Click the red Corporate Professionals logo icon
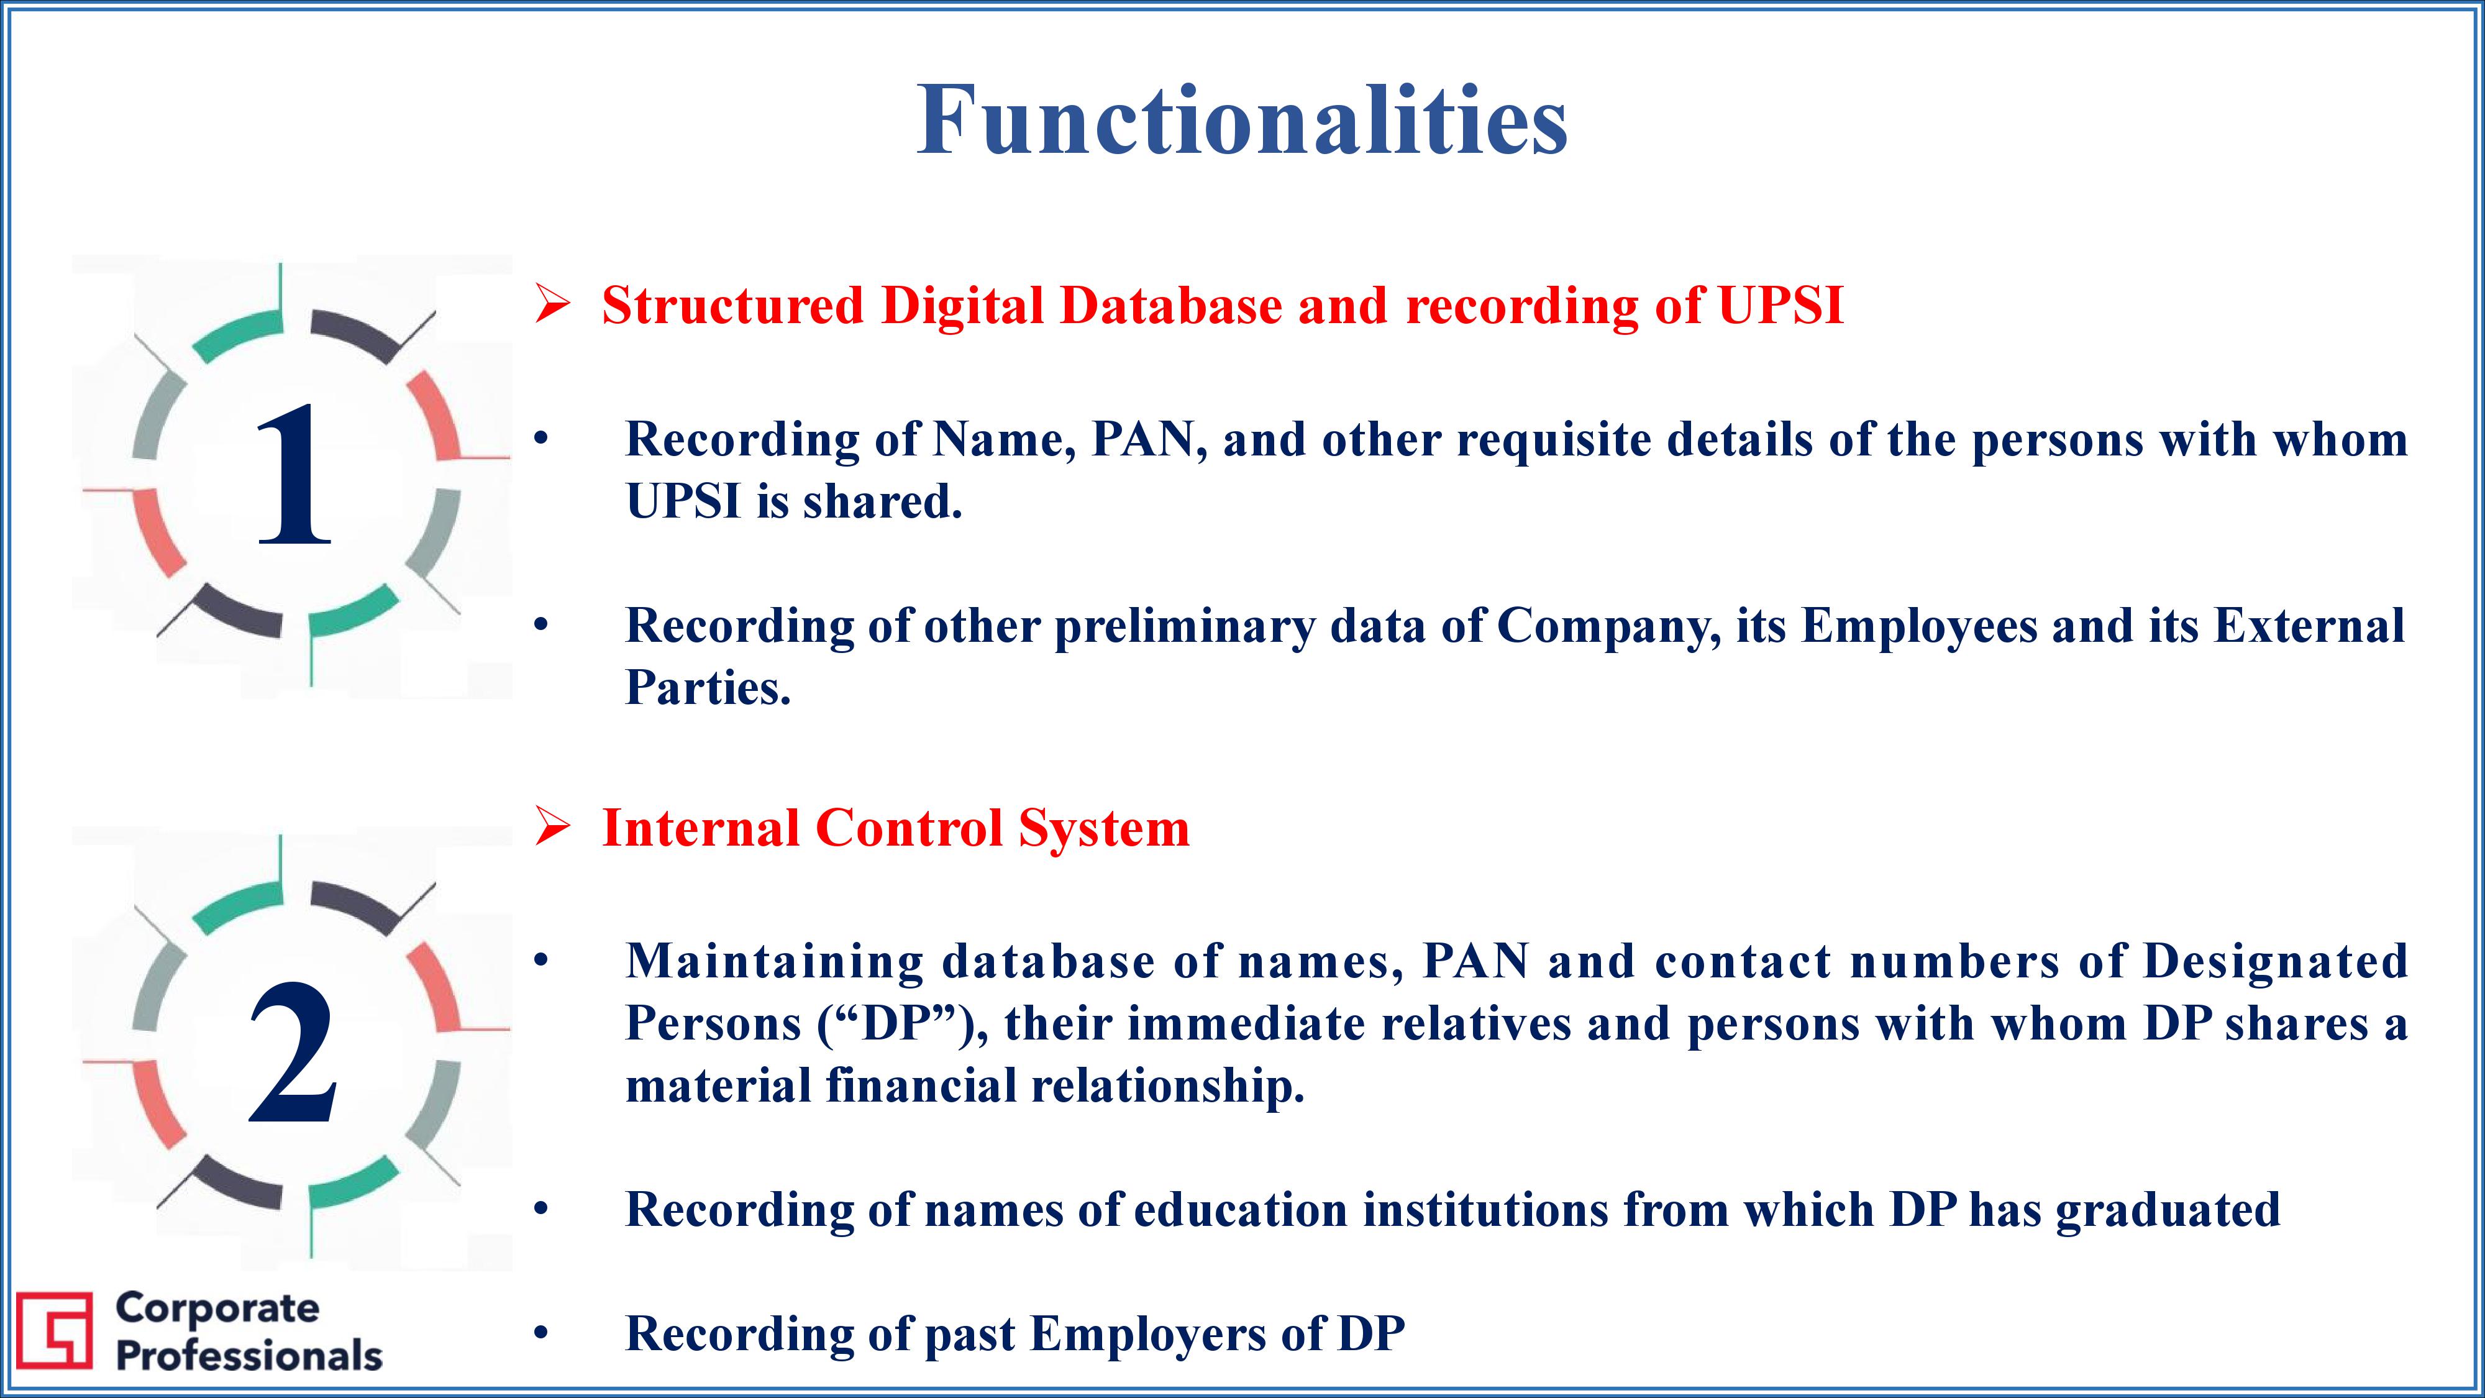click(x=55, y=1330)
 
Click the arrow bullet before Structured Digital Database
click(x=553, y=306)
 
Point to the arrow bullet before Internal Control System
click(x=553, y=828)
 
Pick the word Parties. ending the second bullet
click(x=708, y=688)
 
